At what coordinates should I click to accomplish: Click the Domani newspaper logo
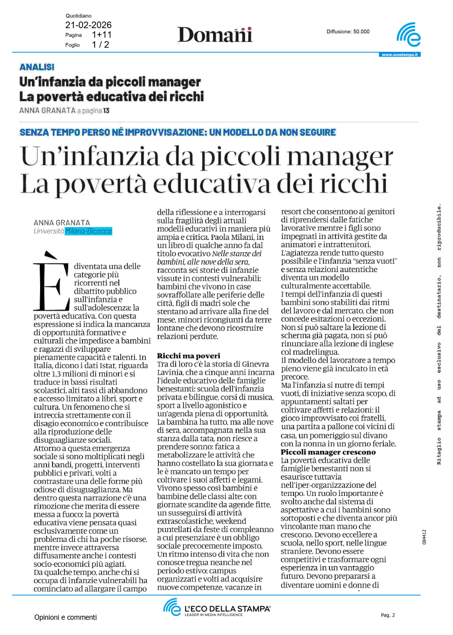tap(215, 35)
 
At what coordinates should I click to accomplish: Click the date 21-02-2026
tap(88, 25)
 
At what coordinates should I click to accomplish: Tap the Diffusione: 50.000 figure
tap(348, 32)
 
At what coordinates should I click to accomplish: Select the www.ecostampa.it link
tap(399, 55)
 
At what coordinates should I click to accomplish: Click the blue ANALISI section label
tap(37, 67)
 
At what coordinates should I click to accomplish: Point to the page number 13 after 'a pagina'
tap(106, 111)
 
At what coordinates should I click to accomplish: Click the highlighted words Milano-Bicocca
tap(88, 231)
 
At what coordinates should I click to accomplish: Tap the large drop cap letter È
tap(51, 282)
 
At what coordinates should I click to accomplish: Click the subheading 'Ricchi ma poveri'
tap(189, 356)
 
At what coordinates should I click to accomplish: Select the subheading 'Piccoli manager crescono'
tap(328, 452)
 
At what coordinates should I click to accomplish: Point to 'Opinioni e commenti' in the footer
tap(66, 617)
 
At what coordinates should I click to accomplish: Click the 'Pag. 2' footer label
tap(388, 615)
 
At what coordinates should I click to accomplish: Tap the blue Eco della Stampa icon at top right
tap(409, 35)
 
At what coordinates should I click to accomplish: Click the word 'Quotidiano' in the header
tap(78, 16)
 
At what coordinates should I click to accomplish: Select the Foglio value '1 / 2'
tap(101, 45)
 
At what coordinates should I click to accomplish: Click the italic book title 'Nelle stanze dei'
tap(237, 254)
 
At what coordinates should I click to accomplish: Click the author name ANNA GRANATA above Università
tap(62, 223)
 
